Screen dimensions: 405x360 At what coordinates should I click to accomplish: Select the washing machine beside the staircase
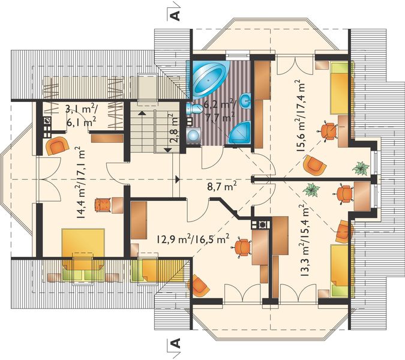click(x=193, y=134)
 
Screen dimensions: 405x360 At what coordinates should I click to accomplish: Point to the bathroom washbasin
click(x=245, y=101)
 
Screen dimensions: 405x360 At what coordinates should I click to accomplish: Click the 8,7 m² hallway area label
click(x=222, y=187)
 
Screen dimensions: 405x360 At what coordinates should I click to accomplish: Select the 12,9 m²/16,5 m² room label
click(x=193, y=239)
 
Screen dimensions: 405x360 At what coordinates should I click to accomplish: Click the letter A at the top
click(x=175, y=16)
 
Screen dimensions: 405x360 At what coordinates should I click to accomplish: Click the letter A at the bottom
click(x=175, y=343)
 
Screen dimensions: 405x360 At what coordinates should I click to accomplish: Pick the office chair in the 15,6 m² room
click(x=328, y=131)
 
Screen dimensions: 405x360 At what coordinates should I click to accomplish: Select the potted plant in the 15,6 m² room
click(x=361, y=169)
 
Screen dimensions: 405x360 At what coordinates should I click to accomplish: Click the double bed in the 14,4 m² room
click(x=83, y=254)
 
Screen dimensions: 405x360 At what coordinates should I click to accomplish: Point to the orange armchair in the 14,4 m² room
click(x=57, y=146)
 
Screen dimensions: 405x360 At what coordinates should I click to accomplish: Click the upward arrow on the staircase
click(x=142, y=113)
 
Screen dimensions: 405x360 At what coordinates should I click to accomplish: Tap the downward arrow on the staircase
click(x=168, y=149)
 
